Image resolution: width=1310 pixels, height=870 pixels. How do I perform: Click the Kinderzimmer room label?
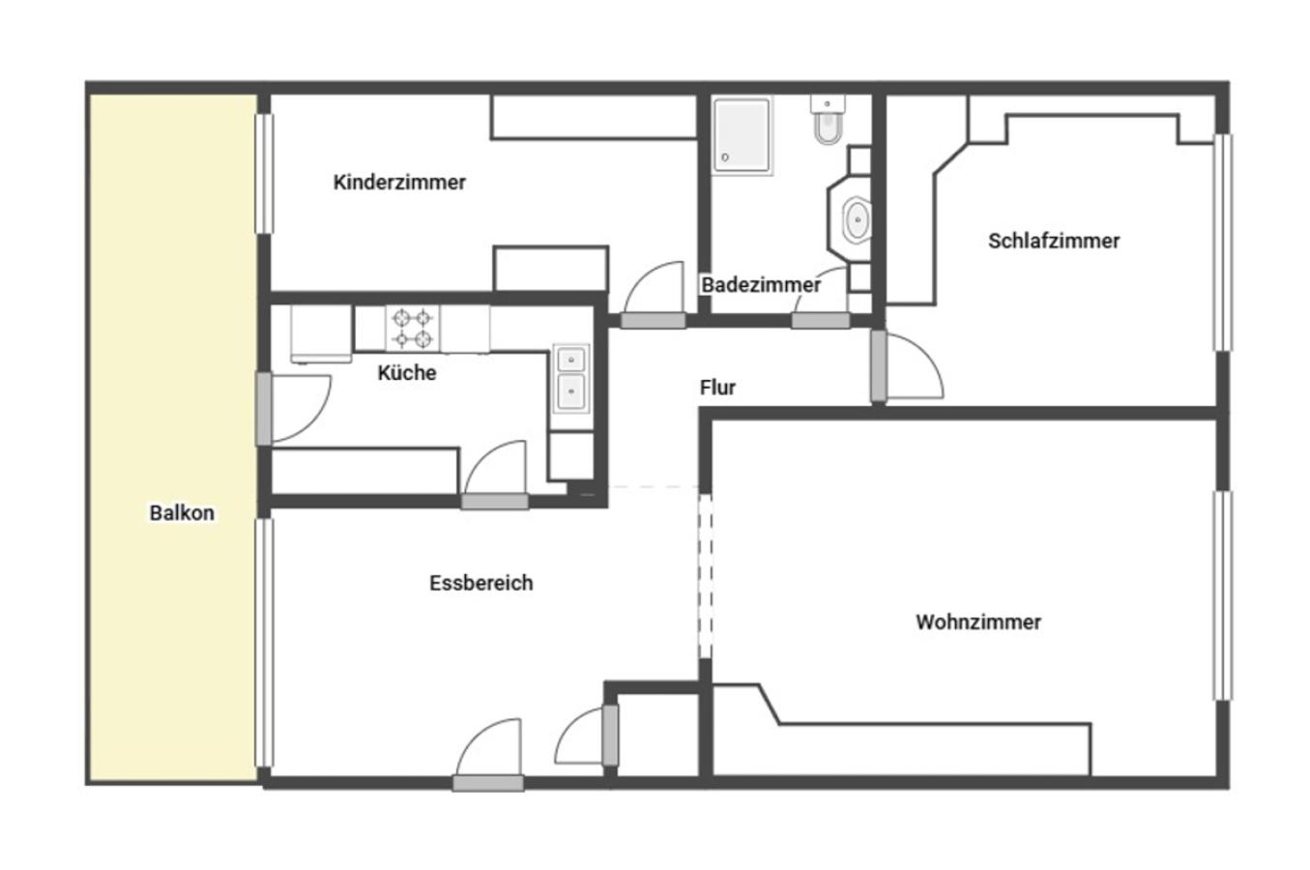pos(399,183)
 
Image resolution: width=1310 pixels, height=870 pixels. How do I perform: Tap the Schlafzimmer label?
pos(1054,241)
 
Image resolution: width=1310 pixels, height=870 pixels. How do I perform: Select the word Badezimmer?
pos(761,285)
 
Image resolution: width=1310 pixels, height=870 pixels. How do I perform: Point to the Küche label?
pos(407,372)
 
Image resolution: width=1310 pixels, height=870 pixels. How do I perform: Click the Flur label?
pos(717,387)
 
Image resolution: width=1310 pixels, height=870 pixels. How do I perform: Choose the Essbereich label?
pos(481,583)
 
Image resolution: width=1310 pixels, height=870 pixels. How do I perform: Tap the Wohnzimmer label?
pos(978,623)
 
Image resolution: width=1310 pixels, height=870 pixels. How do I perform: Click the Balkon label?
pos(182,512)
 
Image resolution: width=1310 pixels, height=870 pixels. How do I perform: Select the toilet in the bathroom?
pos(828,121)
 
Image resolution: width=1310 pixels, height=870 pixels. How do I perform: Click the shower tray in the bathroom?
pos(742,135)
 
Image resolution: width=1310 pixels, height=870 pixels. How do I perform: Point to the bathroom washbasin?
pos(858,219)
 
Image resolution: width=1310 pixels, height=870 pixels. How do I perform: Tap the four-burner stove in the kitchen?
pos(412,328)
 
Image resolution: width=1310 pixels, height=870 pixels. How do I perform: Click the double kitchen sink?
pos(570,378)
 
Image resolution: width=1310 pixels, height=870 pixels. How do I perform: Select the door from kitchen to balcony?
pos(264,409)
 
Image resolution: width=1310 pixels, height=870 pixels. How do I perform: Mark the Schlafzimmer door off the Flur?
pos(879,366)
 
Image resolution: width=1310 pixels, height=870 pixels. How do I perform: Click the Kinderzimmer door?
pos(654,320)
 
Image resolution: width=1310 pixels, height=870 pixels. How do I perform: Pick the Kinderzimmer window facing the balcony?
pos(264,174)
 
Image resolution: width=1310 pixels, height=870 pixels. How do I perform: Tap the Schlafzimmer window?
pos(1223,243)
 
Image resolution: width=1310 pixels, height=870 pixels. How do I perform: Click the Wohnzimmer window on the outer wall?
pos(1223,595)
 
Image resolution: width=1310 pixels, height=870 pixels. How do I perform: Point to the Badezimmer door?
pos(821,320)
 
